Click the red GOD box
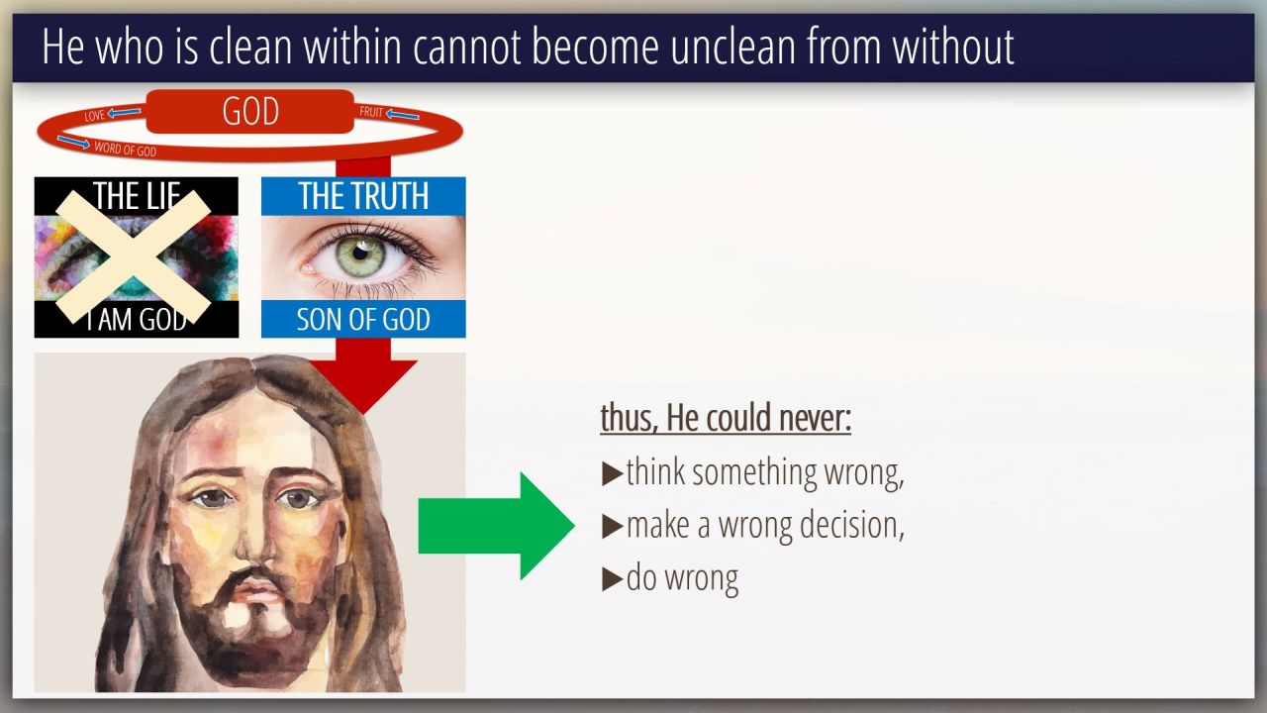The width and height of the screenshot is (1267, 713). click(x=250, y=112)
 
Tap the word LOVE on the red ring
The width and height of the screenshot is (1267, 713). click(x=94, y=116)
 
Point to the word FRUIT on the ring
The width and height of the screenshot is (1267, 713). click(x=371, y=112)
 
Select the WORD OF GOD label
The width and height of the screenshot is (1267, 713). click(x=125, y=150)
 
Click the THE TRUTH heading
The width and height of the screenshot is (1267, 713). click(x=363, y=196)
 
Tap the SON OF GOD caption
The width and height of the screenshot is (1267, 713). click(x=363, y=319)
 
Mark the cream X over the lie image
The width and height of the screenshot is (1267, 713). click(x=133, y=256)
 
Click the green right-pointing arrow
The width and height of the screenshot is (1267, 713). click(x=497, y=526)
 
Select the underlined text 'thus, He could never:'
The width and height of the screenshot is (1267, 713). click(x=726, y=418)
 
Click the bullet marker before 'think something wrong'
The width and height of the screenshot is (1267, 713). click(x=612, y=474)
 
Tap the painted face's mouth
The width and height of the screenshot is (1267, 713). click(x=255, y=589)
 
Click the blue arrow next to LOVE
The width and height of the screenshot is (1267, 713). click(x=125, y=112)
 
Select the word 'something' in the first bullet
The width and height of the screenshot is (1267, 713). click(x=754, y=473)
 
